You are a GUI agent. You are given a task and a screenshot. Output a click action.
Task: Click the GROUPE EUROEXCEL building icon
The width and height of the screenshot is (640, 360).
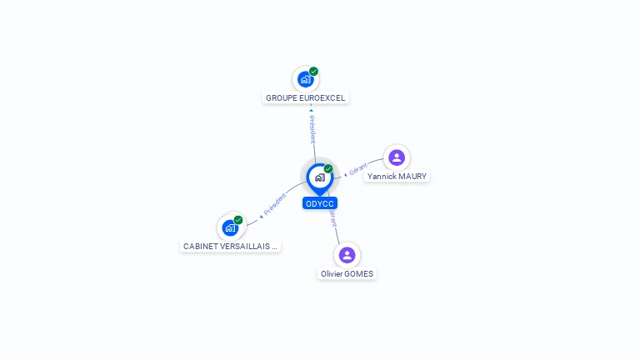[305, 80]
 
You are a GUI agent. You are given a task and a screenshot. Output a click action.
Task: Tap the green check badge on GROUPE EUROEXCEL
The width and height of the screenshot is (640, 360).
[313, 72]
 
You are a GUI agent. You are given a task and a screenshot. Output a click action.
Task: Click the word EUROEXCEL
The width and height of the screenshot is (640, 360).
[322, 98]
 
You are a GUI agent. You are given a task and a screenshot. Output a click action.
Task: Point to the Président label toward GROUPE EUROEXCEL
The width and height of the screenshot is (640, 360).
[312, 129]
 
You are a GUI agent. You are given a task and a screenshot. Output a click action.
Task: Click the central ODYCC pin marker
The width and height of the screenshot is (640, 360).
[319, 177]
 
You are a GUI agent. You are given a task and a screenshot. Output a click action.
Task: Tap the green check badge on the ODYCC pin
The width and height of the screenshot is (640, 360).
[328, 169]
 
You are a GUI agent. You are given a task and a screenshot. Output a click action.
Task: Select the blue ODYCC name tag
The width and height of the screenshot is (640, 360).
[320, 203]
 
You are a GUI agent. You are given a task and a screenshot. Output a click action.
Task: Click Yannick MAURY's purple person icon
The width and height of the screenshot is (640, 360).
[397, 157]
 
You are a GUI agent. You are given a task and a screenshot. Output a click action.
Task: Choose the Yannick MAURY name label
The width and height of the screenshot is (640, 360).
[397, 177]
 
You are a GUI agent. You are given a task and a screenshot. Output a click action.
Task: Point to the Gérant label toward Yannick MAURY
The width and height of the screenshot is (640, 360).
[357, 169]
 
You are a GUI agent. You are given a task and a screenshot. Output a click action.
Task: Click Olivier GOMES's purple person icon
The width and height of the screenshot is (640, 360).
[347, 254]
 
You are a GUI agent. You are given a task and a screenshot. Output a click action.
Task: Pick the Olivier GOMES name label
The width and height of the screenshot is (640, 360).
[347, 274]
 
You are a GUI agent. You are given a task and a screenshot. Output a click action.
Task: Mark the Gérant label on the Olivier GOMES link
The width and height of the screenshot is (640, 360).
[332, 218]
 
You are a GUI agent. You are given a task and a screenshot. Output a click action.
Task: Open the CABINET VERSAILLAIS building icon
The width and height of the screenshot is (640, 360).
[230, 227]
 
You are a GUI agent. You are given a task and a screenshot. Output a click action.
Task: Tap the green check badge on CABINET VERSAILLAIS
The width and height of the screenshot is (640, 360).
[238, 220]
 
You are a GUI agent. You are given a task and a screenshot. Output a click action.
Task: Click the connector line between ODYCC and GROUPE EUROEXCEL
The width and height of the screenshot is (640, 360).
[313, 151]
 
